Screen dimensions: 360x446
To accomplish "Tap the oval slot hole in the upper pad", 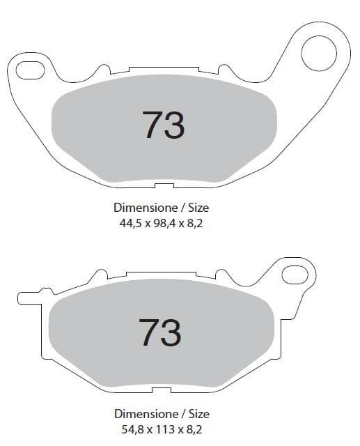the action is click(x=30, y=70).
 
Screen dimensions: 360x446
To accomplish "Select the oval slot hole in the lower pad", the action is click(x=295, y=275).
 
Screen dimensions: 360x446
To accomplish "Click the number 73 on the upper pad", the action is click(x=164, y=125).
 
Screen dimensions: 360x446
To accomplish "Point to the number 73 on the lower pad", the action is click(x=159, y=332).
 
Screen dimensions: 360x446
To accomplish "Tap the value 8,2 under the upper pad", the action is click(x=195, y=224).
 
